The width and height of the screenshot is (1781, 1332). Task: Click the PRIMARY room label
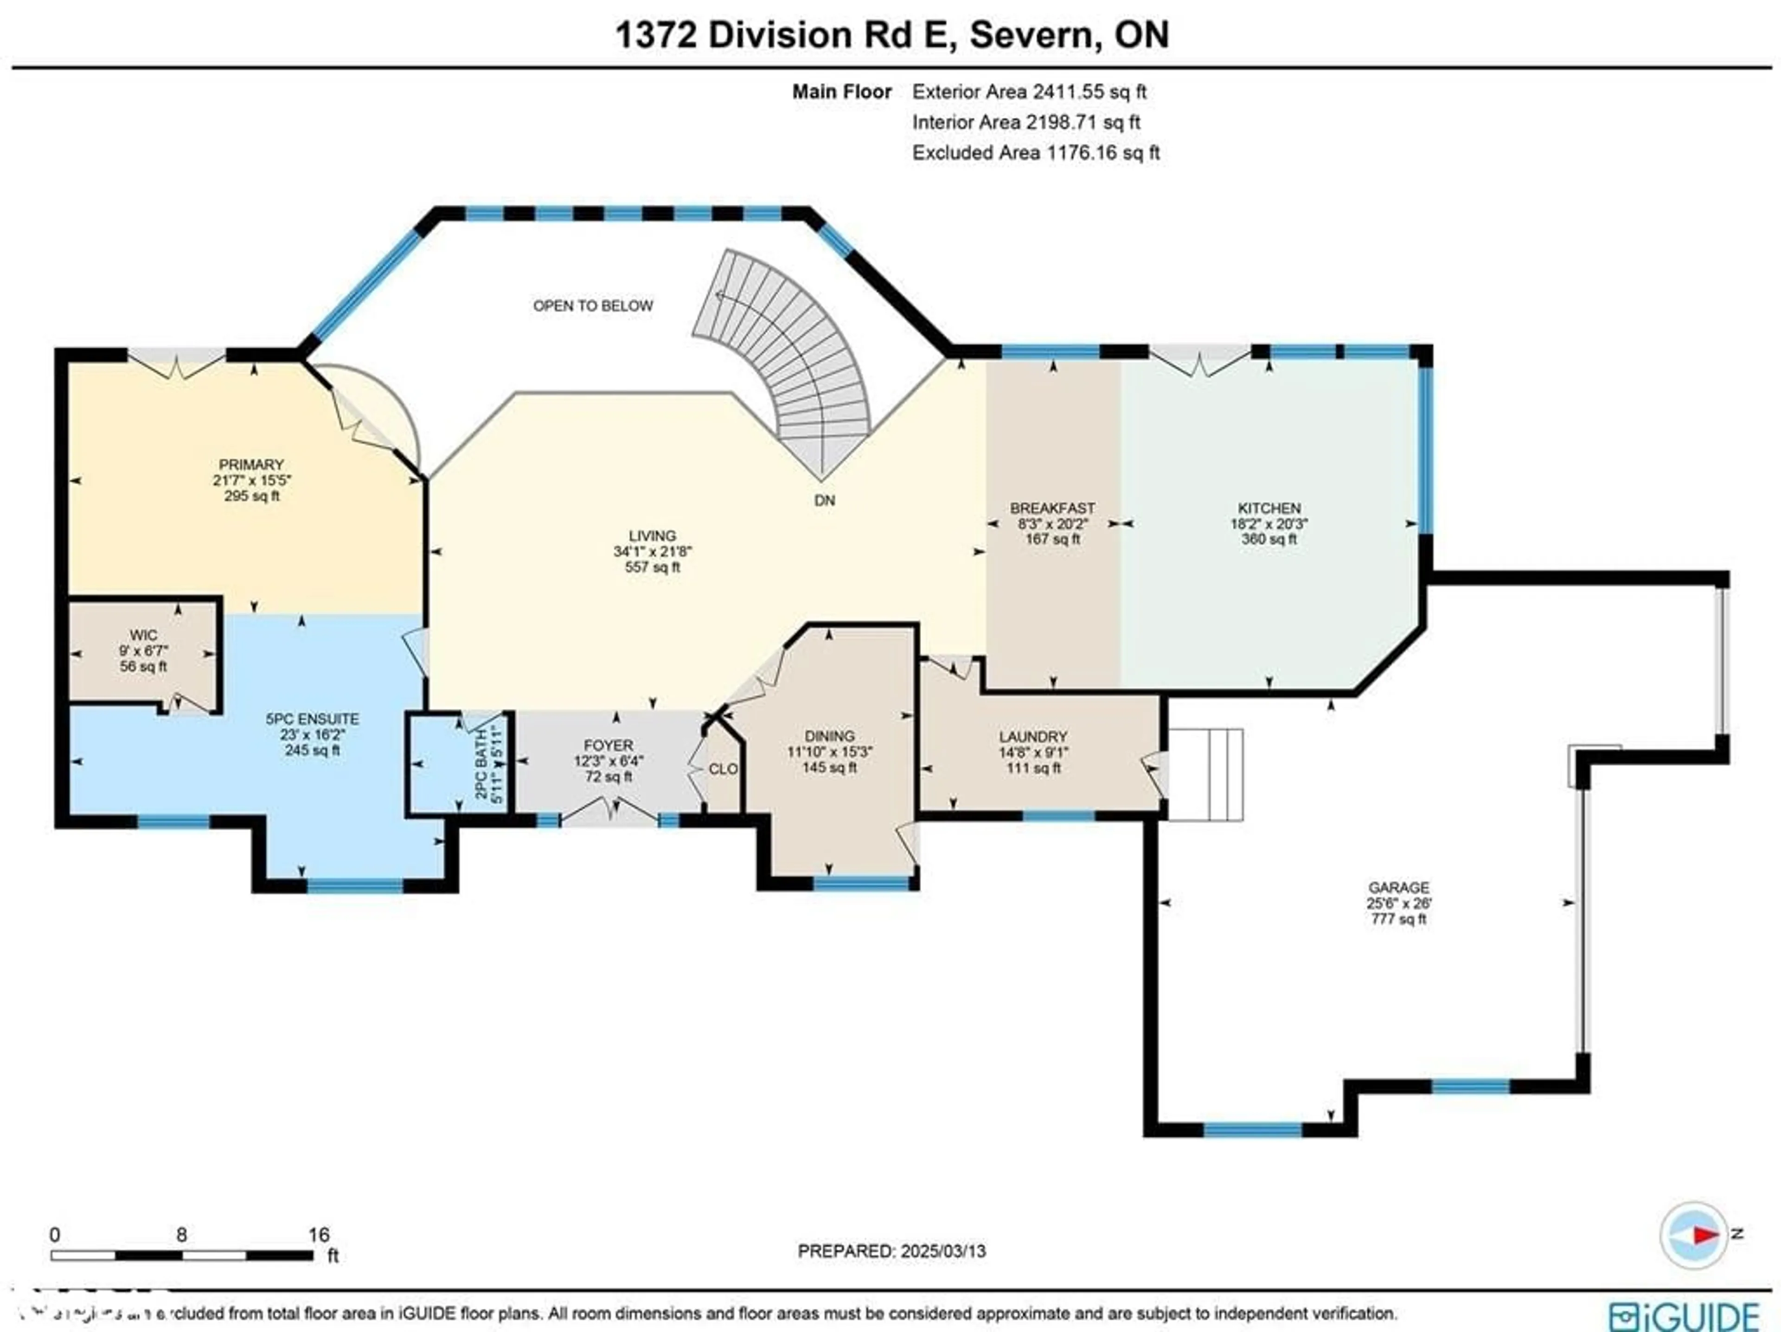pyautogui.click(x=251, y=465)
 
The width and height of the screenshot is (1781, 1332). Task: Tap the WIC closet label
pyautogui.click(x=143, y=635)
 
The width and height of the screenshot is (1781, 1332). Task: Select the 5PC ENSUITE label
pyautogui.click(x=313, y=719)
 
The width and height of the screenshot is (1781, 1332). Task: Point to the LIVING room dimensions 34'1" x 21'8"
pyautogui.click(x=652, y=551)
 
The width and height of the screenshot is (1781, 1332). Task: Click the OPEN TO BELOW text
pyautogui.click(x=593, y=306)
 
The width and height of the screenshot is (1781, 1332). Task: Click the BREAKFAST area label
pyautogui.click(x=1052, y=508)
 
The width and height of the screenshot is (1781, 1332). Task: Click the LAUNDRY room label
pyautogui.click(x=1033, y=736)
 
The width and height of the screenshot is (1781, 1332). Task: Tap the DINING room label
pyautogui.click(x=829, y=736)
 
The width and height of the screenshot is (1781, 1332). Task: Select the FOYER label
pyautogui.click(x=608, y=745)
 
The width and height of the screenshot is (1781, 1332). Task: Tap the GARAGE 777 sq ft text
pyautogui.click(x=1398, y=918)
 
